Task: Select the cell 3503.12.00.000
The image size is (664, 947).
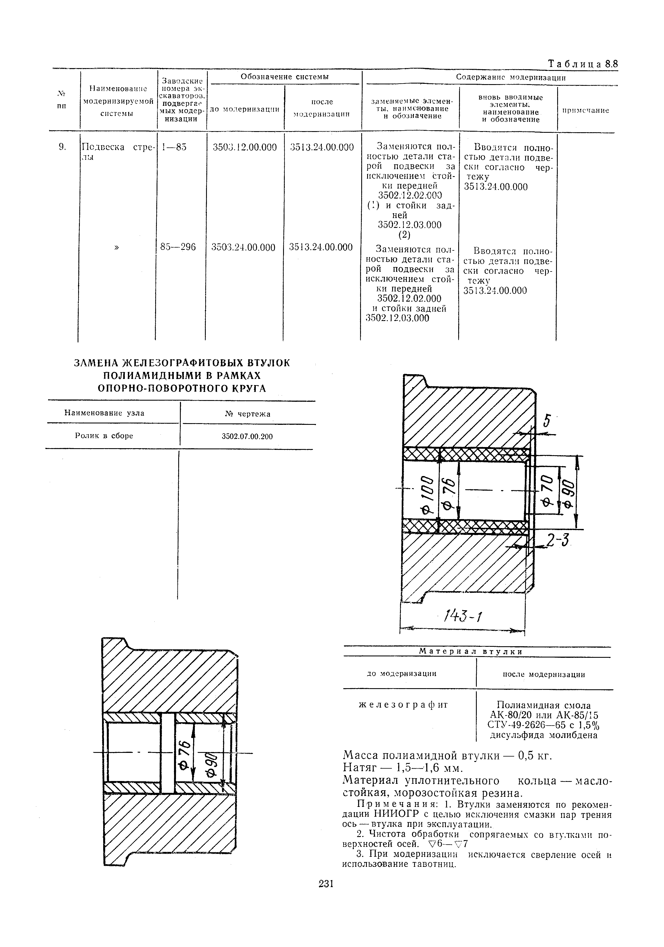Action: point(244,147)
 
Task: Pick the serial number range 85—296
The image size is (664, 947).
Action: point(178,247)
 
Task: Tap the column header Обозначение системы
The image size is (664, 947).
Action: point(284,77)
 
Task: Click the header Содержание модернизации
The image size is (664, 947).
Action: point(511,77)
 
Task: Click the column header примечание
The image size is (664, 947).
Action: point(585,111)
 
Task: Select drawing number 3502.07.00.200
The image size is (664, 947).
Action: point(247,436)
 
